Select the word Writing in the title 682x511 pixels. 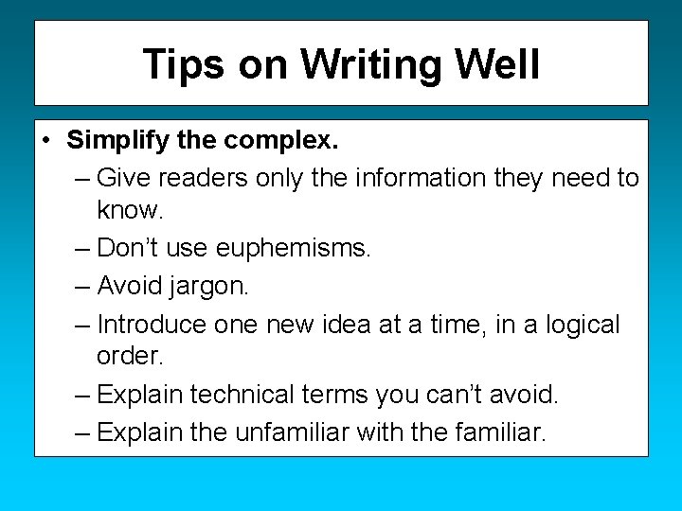372,64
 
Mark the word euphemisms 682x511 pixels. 294,248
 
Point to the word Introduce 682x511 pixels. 152,324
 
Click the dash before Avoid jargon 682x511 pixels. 82,285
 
